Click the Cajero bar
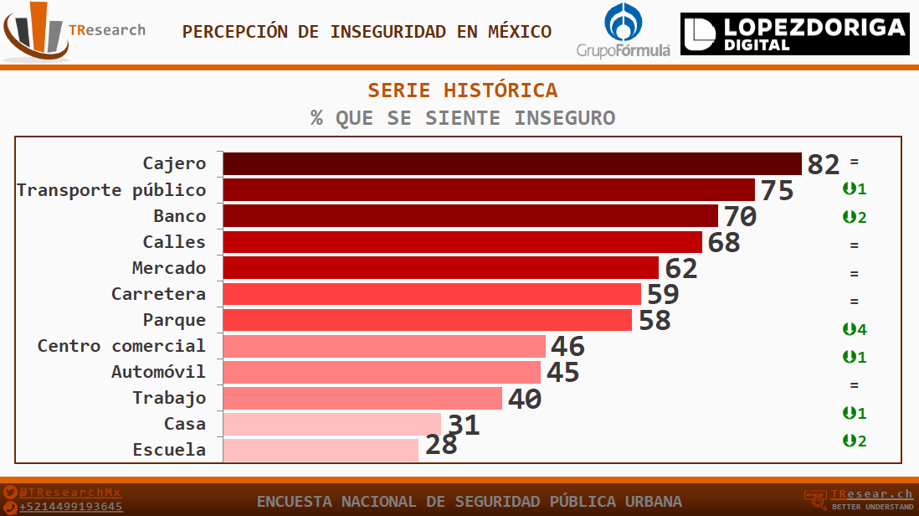click(512, 163)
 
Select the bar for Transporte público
click(489, 190)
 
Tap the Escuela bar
click(321, 450)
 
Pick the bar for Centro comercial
click(384, 346)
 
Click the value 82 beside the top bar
click(823, 165)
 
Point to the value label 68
click(724, 243)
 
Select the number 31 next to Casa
click(464, 426)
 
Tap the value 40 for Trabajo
click(525, 400)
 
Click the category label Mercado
click(168, 268)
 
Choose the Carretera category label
click(158, 294)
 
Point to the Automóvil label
click(158, 372)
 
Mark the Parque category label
click(174, 320)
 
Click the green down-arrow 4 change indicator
click(855, 329)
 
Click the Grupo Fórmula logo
click(624, 32)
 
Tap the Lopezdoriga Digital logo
click(794, 34)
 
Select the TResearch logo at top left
click(74, 32)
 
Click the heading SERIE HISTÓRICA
click(463, 90)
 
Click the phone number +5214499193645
click(70, 507)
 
